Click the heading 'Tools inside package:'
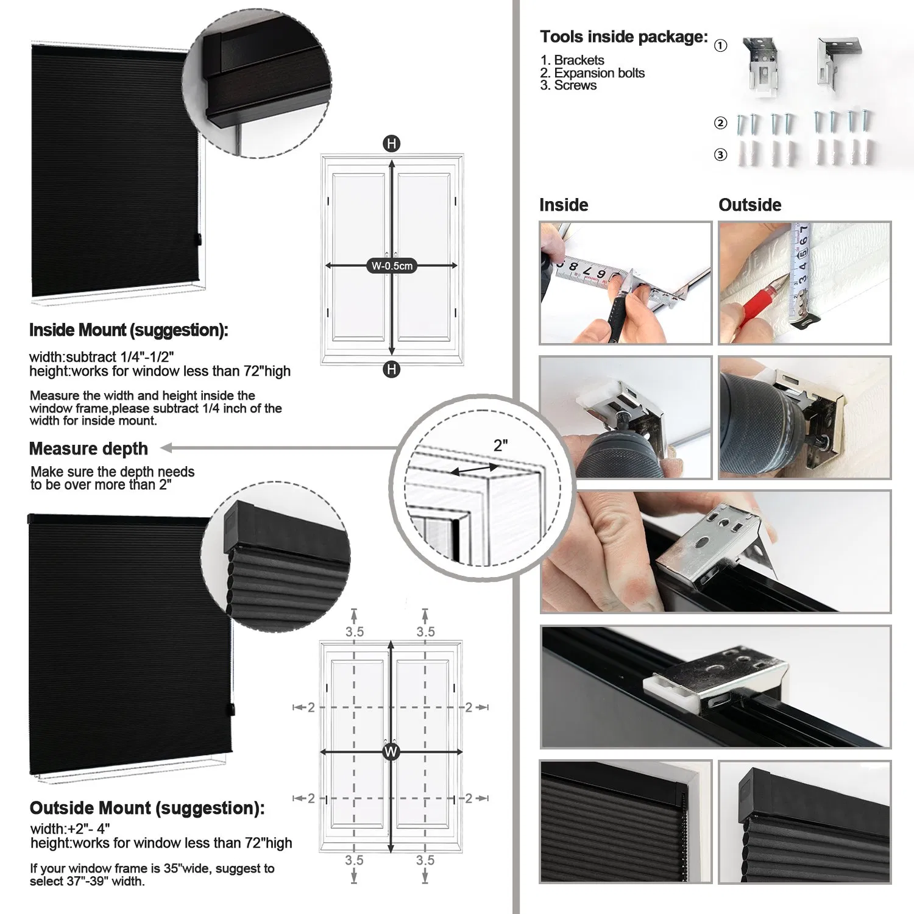tap(623, 37)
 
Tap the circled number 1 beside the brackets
tap(720, 46)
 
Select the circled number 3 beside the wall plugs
tap(720, 155)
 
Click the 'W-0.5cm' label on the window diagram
tap(392, 266)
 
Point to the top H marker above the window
tap(391, 144)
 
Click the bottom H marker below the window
tap(391, 369)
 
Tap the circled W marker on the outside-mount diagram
tap(391, 751)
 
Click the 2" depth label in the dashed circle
tap(501, 445)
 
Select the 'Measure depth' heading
tap(88, 448)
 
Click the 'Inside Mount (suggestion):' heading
tap(129, 330)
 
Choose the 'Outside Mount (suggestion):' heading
tap(147, 808)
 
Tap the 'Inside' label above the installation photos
tap(564, 205)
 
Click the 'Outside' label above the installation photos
tap(749, 205)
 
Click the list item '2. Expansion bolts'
tap(592, 73)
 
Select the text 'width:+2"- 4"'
tap(70, 829)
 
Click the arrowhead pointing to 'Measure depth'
tap(166, 448)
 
